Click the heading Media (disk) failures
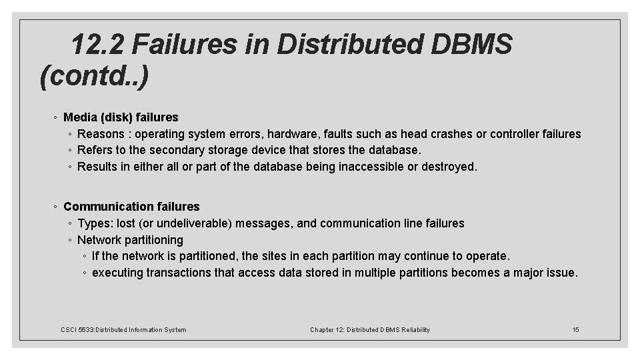[x=121, y=117]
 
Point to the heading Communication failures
[x=131, y=207]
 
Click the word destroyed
[x=451, y=167]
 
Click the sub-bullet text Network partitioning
[x=130, y=239]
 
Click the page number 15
[x=576, y=329]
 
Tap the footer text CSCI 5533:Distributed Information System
[x=123, y=329]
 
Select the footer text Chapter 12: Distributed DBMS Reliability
[x=370, y=329]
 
